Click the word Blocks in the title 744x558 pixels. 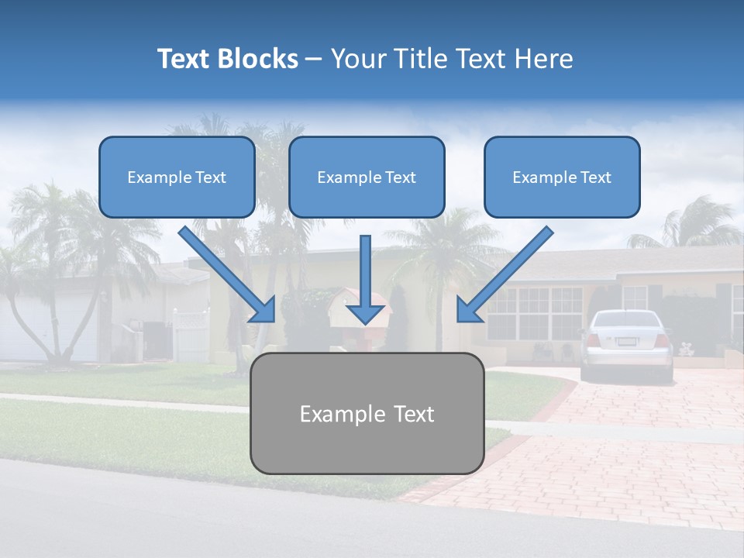click(x=259, y=59)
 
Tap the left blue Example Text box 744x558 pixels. click(x=177, y=177)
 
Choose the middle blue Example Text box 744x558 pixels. click(x=367, y=177)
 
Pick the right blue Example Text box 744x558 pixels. click(x=562, y=177)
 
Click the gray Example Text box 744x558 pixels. click(x=367, y=413)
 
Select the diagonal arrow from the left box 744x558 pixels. click(x=229, y=275)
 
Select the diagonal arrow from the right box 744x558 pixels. click(x=504, y=275)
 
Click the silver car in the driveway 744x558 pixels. click(x=627, y=345)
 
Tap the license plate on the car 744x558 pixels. click(x=626, y=342)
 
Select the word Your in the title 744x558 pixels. click(x=359, y=59)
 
